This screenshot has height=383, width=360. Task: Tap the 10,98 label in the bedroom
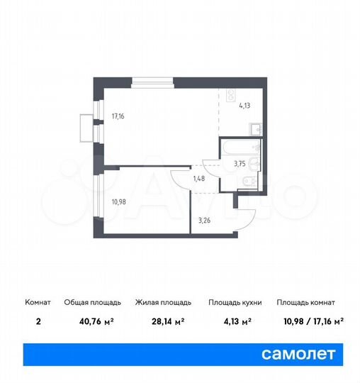tap(118, 201)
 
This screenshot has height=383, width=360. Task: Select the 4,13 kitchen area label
tap(244, 106)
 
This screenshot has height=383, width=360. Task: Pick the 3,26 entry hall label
tap(204, 220)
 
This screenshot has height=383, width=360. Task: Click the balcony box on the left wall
tap(86, 128)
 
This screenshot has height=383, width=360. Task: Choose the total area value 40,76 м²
tap(89, 321)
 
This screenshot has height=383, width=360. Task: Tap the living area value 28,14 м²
tap(159, 321)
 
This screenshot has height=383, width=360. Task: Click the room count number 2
tap(37, 321)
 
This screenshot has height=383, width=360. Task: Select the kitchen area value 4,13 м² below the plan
tap(235, 321)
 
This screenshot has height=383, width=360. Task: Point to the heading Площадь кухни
tap(235, 302)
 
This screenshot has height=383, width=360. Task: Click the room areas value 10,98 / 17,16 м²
tap(310, 321)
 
